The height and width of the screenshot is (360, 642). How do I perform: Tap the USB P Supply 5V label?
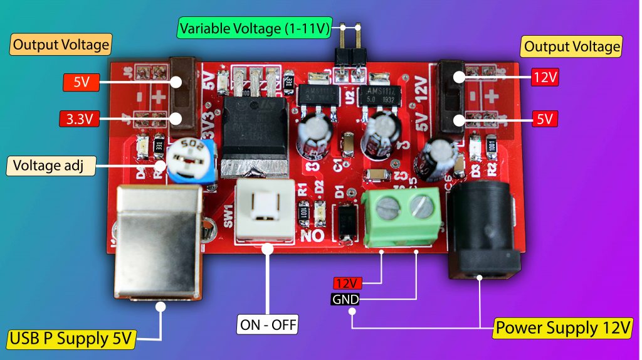click(x=71, y=339)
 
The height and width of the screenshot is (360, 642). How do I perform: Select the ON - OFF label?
click(x=268, y=325)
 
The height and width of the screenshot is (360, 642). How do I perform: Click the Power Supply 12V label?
click(x=563, y=327)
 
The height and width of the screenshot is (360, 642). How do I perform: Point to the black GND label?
click(x=345, y=300)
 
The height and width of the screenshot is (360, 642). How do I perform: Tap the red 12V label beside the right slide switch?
click(x=544, y=78)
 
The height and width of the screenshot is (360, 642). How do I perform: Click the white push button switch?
click(x=264, y=209)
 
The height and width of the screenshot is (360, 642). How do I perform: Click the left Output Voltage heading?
click(x=61, y=45)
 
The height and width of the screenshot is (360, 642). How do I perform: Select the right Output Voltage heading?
click(x=571, y=46)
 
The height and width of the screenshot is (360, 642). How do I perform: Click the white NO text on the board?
click(x=311, y=236)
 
